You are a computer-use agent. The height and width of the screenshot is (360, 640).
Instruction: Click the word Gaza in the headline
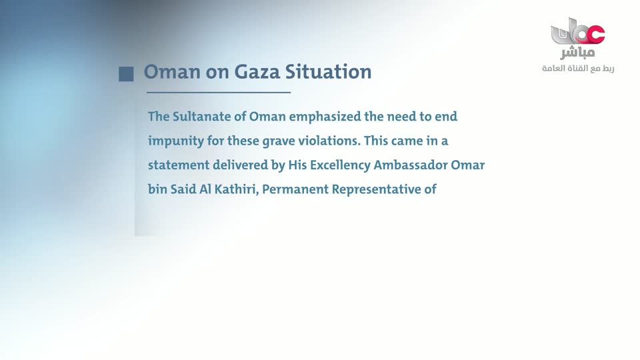(x=257, y=71)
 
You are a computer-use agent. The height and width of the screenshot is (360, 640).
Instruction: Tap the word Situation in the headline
(x=328, y=71)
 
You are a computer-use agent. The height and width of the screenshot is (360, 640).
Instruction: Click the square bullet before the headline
(x=126, y=74)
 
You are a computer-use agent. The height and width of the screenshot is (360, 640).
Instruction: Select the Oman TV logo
(x=577, y=31)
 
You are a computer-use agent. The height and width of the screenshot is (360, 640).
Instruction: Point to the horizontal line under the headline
(x=219, y=93)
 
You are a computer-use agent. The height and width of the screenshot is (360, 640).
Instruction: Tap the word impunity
(x=175, y=141)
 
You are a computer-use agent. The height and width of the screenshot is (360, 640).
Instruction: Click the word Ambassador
(x=410, y=165)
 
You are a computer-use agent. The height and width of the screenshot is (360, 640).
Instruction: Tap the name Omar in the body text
(x=468, y=165)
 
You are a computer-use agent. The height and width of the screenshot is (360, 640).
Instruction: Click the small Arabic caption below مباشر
(x=578, y=69)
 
